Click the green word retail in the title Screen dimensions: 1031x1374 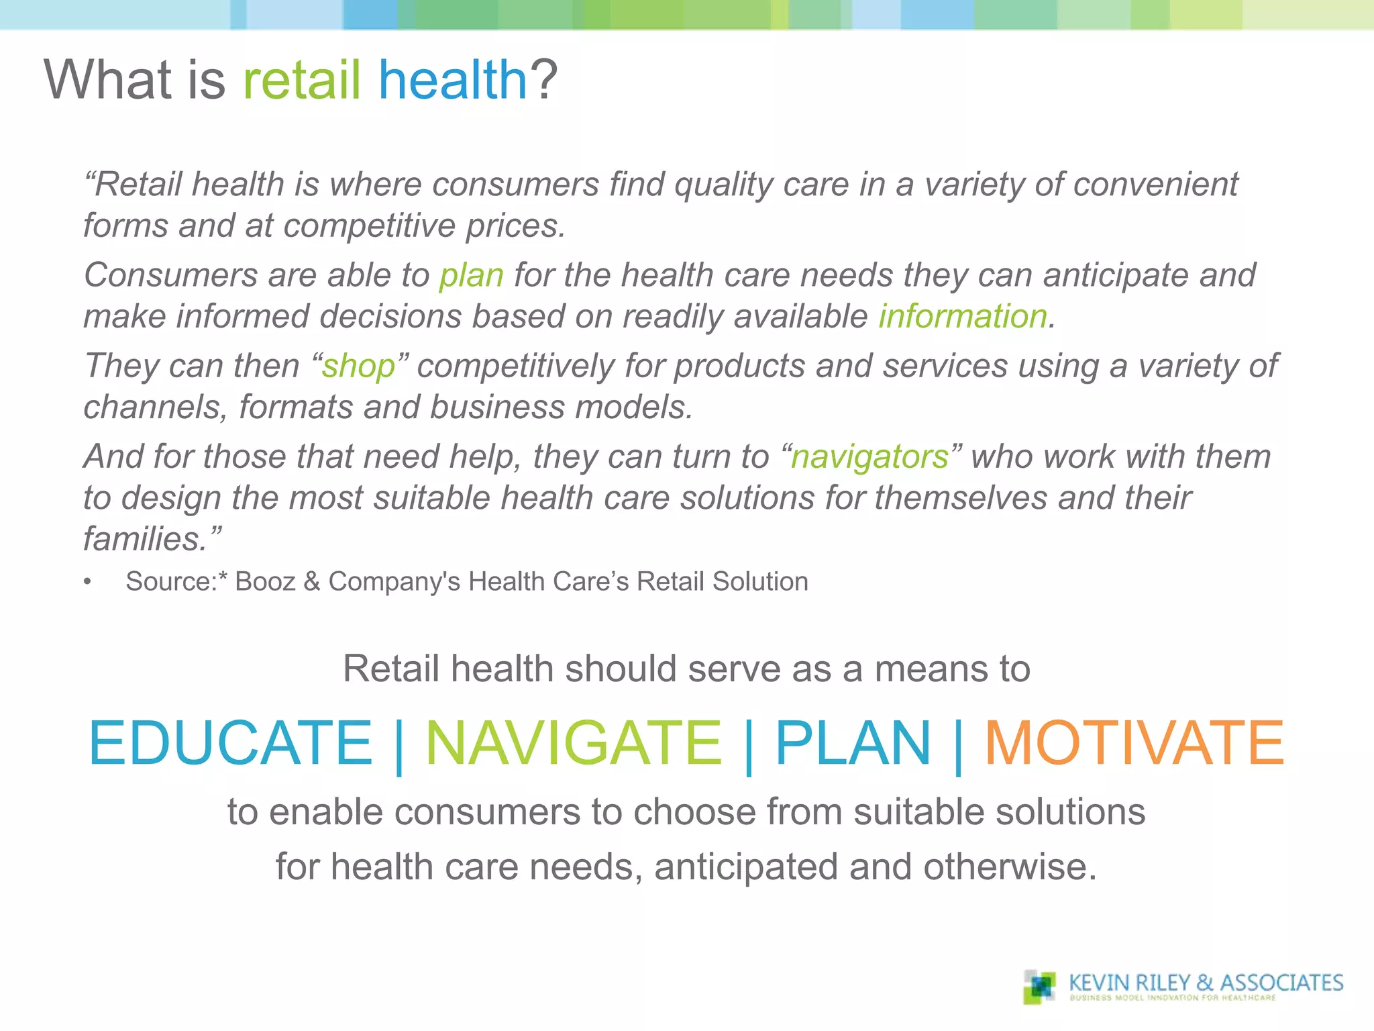[x=301, y=80]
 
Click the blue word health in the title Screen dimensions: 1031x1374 [x=454, y=80]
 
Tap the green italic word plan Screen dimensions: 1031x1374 [x=471, y=276]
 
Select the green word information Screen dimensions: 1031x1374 [x=963, y=317]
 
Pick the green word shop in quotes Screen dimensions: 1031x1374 [x=358, y=367]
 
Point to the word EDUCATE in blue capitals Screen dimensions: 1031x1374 [x=230, y=742]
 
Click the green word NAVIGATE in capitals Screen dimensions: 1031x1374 [x=574, y=742]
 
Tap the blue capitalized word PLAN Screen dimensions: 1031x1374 [x=853, y=742]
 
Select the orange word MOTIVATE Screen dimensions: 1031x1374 [x=1134, y=742]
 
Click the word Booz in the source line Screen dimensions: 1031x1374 [x=265, y=581]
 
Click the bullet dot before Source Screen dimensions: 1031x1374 [x=87, y=582]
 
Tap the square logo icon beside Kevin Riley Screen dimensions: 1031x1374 [x=1039, y=987]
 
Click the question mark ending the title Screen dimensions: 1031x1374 [x=544, y=80]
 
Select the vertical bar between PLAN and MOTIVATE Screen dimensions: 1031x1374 [x=958, y=745]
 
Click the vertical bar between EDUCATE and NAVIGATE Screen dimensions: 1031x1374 [x=399, y=745]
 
